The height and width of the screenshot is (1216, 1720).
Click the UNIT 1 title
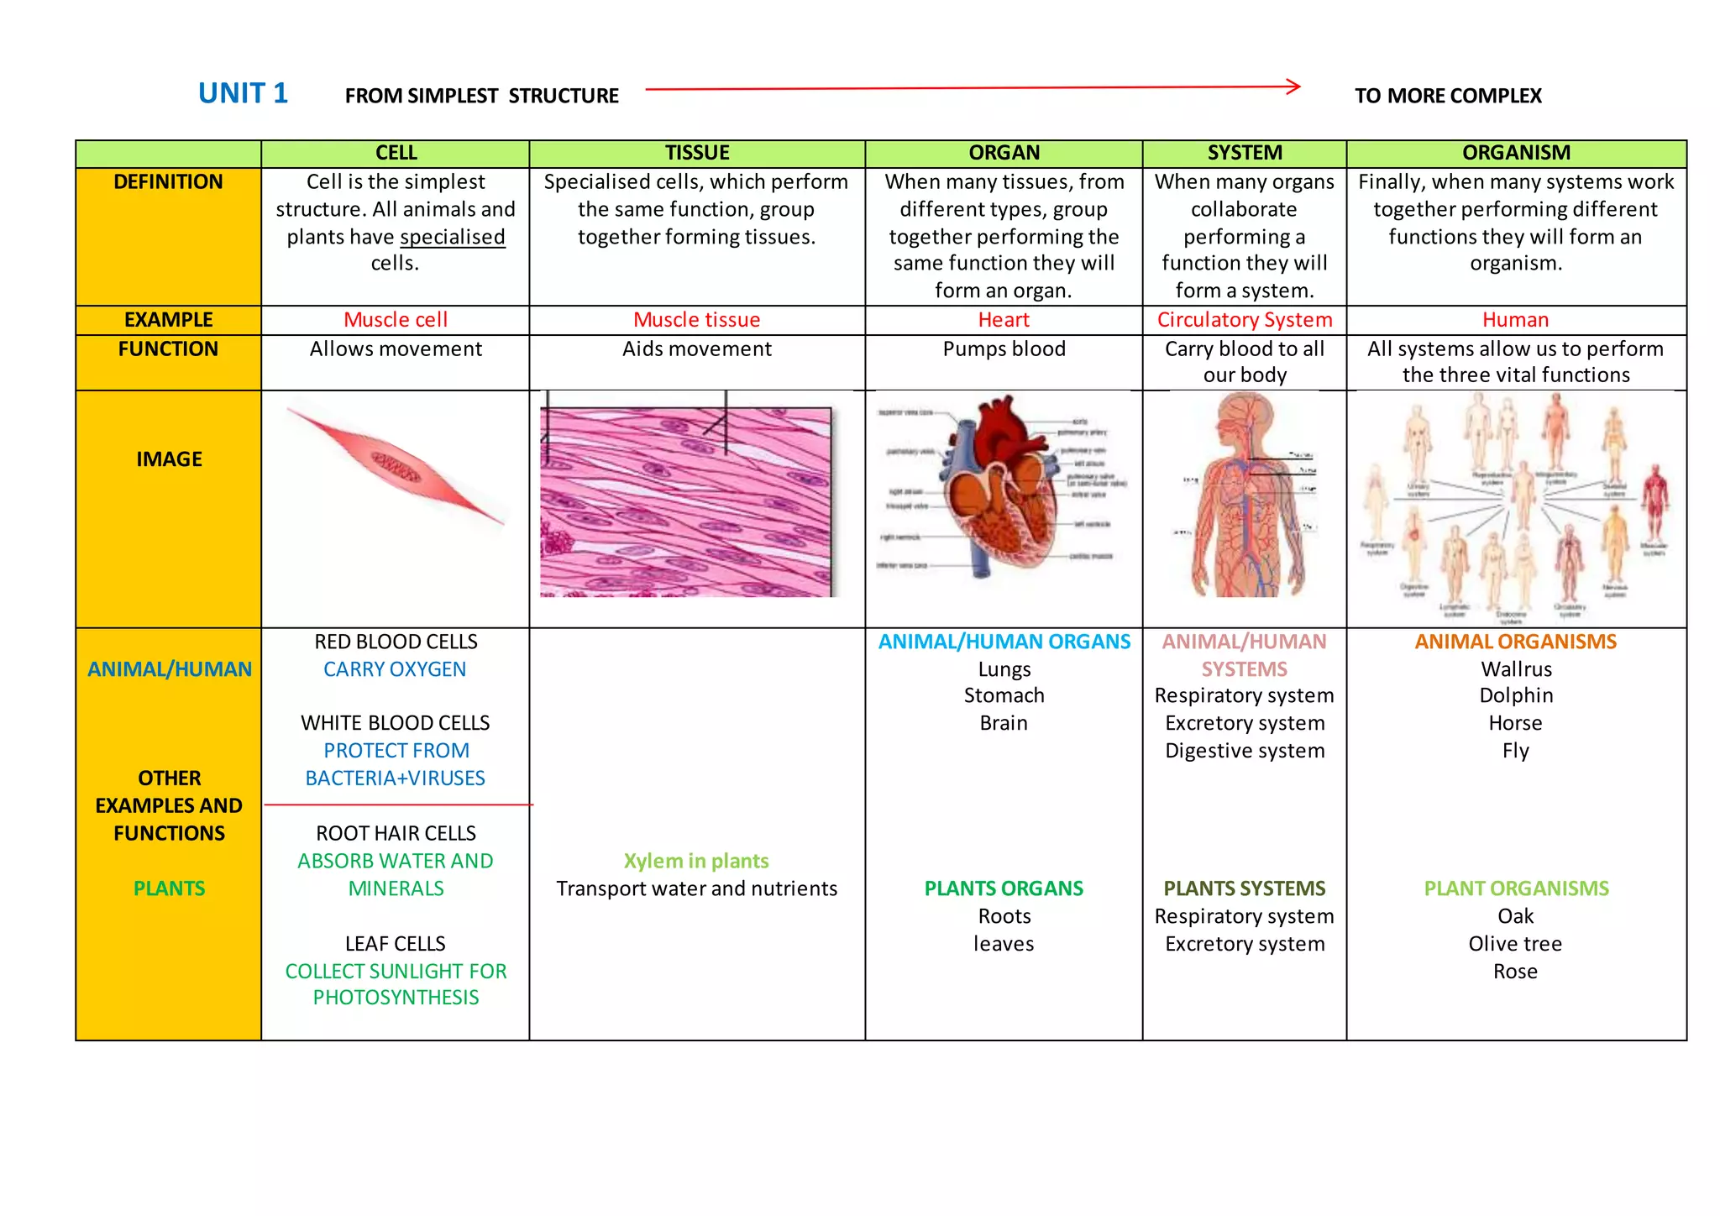tap(243, 93)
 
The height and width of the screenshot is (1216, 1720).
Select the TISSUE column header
tap(697, 153)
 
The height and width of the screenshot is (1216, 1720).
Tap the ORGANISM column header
tap(1516, 153)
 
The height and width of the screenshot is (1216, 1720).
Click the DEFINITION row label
tap(168, 182)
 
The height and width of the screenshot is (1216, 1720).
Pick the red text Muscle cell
tap(396, 320)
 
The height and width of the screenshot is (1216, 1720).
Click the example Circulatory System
tap(1245, 320)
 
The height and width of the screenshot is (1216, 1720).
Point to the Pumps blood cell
tap(1004, 349)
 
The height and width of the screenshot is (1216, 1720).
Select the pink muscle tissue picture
tap(686, 501)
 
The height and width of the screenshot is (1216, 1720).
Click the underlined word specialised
tap(452, 237)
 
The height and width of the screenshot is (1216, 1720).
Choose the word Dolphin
tap(1516, 695)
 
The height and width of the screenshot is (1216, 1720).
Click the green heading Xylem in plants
tap(696, 861)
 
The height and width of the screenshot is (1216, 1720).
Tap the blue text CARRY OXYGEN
tap(395, 669)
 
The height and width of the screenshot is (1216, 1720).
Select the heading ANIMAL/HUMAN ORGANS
tap(1004, 642)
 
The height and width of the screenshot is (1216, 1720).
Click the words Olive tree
tap(1515, 944)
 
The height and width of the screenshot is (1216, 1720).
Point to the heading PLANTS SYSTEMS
tap(1245, 888)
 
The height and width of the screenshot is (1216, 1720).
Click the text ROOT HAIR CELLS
tap(396, 833)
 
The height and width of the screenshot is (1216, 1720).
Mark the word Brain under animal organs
tap(1004, 723)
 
